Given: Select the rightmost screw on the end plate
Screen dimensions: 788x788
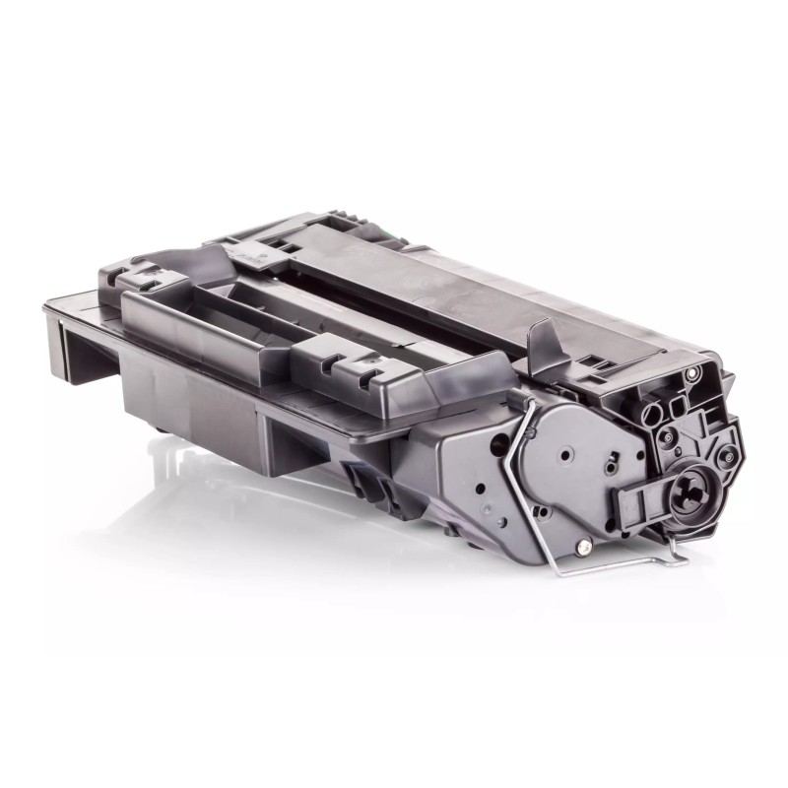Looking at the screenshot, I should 728,456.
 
